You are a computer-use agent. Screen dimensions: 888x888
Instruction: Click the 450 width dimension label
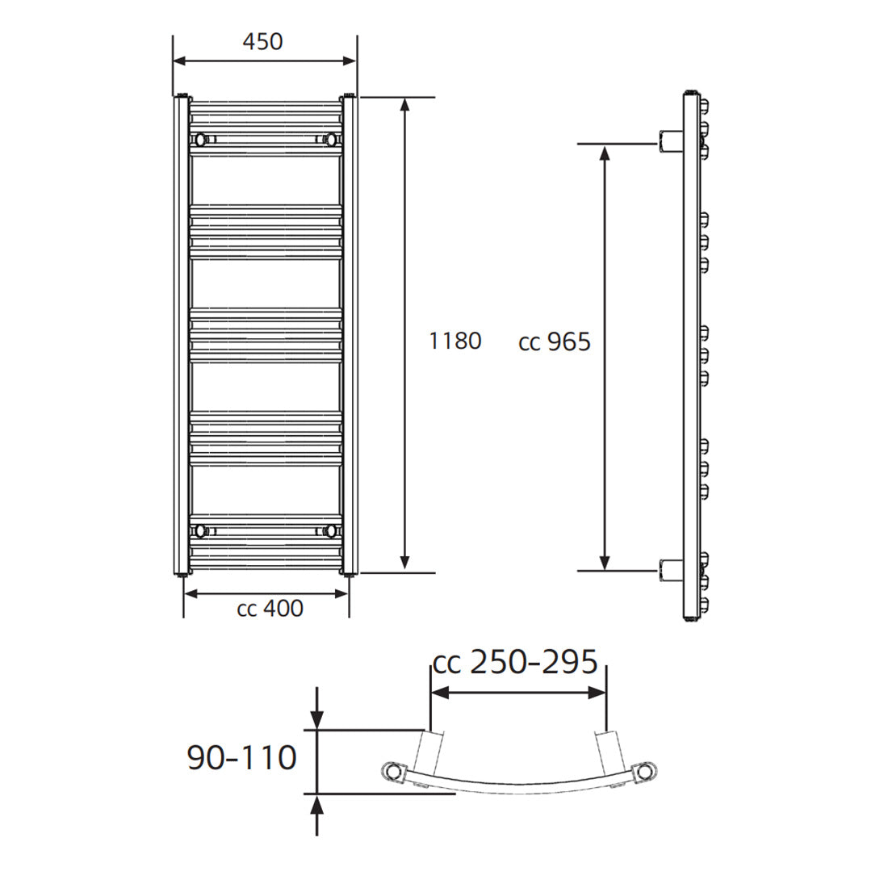coord(263,41)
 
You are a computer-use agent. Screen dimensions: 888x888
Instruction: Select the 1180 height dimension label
coord(454,341)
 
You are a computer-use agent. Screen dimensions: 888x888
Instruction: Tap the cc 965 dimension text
coord(555,342)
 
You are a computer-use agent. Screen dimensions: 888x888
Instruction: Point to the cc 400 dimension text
coord(270,608)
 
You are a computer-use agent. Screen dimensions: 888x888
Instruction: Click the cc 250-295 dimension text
coord(515,662)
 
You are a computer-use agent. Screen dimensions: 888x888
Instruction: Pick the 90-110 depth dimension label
coord(242,757)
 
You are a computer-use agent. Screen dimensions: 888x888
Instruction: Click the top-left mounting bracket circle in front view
coord(199,140)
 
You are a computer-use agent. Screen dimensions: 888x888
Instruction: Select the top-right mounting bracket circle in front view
coord(329,140)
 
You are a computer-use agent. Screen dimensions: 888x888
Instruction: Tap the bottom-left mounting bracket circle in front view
coord(199,530)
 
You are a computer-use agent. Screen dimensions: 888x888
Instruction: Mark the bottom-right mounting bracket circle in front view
coord(329,530)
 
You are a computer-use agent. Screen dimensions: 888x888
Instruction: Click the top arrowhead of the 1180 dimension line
coord(405,105)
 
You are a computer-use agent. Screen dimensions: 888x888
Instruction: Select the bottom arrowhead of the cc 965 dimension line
coord(604,562)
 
